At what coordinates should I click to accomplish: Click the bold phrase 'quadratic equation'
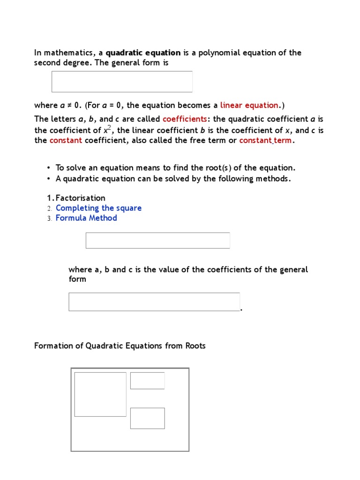tap(143, 53)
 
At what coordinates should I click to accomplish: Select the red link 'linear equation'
tap(249, 105)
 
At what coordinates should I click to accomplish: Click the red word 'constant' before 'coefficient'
tap(66, 141)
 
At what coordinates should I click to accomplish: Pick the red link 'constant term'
tap(266, 141)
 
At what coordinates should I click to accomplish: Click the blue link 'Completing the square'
tap(98, 208)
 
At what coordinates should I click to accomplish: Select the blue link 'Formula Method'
tap(86, 218)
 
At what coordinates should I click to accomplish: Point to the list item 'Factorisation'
tap(80, 198)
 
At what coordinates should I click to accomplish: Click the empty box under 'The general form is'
tap(122, 82)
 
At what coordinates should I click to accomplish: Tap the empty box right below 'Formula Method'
tap(157, 240)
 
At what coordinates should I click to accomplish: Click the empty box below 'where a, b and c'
tap(154, 302)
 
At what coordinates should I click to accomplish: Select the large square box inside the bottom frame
tap(100, 394)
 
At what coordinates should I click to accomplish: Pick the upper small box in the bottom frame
tap(147, 381)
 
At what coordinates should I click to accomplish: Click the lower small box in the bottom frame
tap(147, 418)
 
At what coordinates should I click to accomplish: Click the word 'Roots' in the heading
tap(195, 346)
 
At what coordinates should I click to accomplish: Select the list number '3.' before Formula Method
tap(49, 218)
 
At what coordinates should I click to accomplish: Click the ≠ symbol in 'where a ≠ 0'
tap(68, 105)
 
